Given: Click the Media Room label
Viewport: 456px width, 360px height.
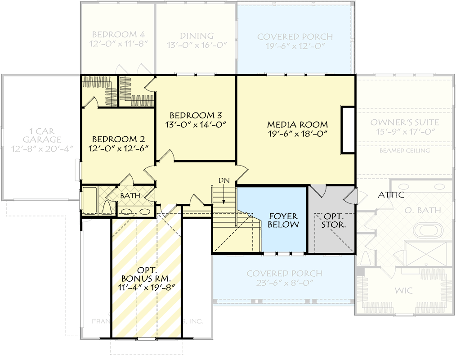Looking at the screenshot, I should (297, 124).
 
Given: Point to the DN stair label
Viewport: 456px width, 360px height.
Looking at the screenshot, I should (224, 180).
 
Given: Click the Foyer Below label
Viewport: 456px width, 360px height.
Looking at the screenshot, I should (283, 220).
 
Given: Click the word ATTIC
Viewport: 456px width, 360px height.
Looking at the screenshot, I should (390, 195).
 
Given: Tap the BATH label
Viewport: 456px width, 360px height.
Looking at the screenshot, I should (130, 196).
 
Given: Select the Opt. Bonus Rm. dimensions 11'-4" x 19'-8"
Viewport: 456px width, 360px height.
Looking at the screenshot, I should (147, 286).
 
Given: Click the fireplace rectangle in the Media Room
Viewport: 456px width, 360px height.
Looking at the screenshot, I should (348, 130).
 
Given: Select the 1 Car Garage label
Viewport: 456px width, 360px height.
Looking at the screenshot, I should (42, 135).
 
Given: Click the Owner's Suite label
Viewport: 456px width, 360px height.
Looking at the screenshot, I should (404, 122).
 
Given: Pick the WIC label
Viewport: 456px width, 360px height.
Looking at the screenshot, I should (404, 291).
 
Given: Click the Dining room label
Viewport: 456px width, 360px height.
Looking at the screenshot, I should (197, 36).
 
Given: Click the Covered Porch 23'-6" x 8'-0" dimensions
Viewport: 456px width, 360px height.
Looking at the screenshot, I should (284, 283).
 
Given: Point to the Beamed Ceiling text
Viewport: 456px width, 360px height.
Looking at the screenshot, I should (404, 150).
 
